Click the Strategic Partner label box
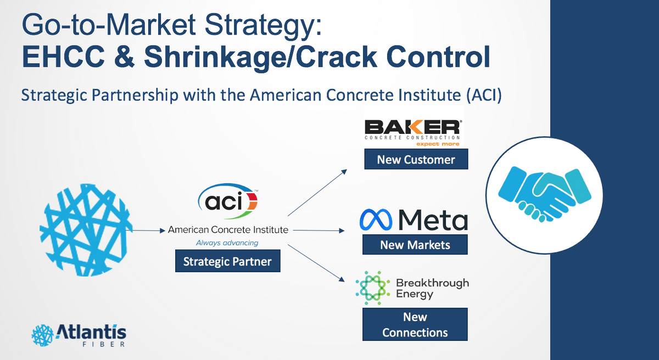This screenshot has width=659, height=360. pyautogui.click(x=227, y=261)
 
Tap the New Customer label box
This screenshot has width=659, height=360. pyautogui.click(x=416, y=160)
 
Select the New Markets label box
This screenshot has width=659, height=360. pyautogui.click(x=415, y=245)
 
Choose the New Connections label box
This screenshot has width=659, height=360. pyautogui.click(x=415, y=324)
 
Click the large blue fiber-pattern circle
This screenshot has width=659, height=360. pyautogui.click(x=87, y=225)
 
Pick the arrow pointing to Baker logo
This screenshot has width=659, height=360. pyautogui.click(x=317, y=192)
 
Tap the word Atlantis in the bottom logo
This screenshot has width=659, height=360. pyautogui.click(x=91, y=332)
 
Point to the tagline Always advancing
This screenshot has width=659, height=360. pyautogui.click(x=227, y=243)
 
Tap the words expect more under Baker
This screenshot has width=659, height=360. pyautogui.click(x=438, y=144)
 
